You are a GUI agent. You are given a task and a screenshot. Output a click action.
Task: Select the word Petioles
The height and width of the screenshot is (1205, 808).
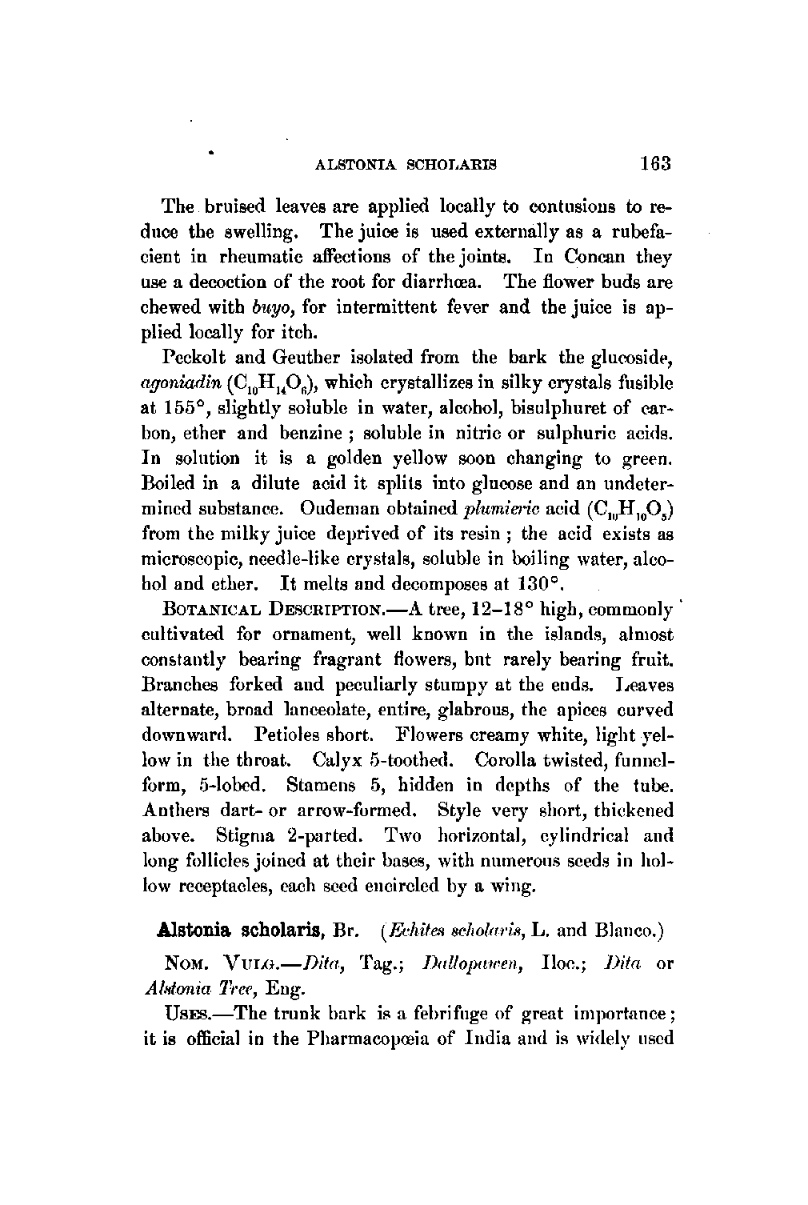click(x=288, y=734)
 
